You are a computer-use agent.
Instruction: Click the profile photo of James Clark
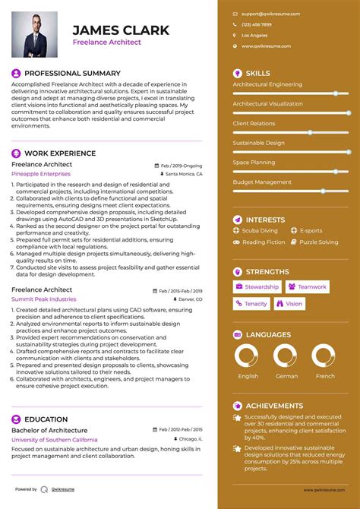36,33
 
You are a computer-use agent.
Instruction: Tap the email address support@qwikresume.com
270,14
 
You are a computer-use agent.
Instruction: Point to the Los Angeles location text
254,35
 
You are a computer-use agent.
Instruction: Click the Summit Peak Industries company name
43,299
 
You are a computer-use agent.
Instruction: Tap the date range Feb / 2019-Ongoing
182,165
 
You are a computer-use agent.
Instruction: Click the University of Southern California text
54,440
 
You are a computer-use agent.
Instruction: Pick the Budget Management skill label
262,182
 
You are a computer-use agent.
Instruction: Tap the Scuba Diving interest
260,230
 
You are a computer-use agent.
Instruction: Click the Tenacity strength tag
251,304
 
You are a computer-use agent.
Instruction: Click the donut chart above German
286,356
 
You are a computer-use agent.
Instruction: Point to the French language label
325,376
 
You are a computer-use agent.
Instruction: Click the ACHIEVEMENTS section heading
274,406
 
